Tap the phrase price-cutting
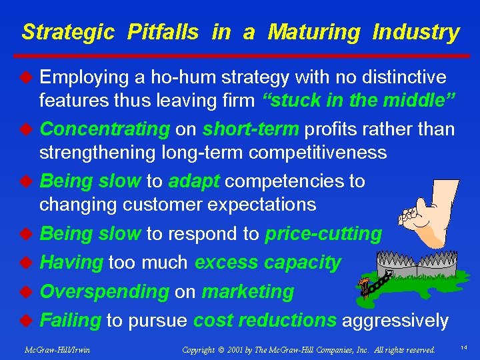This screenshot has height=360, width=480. (x=323, y=234)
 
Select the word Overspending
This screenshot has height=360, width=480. (x=105, y=291)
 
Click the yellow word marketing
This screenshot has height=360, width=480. (x=247, y=291)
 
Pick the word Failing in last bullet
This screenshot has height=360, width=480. (x=70, y=321)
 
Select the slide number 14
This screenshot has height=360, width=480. (x=463, y=348)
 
